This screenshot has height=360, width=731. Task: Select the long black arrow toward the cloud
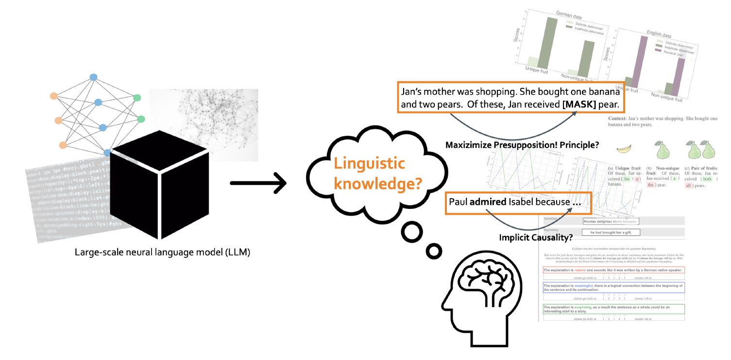coord(257,183)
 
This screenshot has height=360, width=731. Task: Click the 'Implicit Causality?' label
coord(536,238)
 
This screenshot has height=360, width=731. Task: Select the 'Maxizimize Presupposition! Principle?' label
coord(522,144)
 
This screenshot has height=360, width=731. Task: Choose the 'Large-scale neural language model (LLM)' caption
coord(162,252)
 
